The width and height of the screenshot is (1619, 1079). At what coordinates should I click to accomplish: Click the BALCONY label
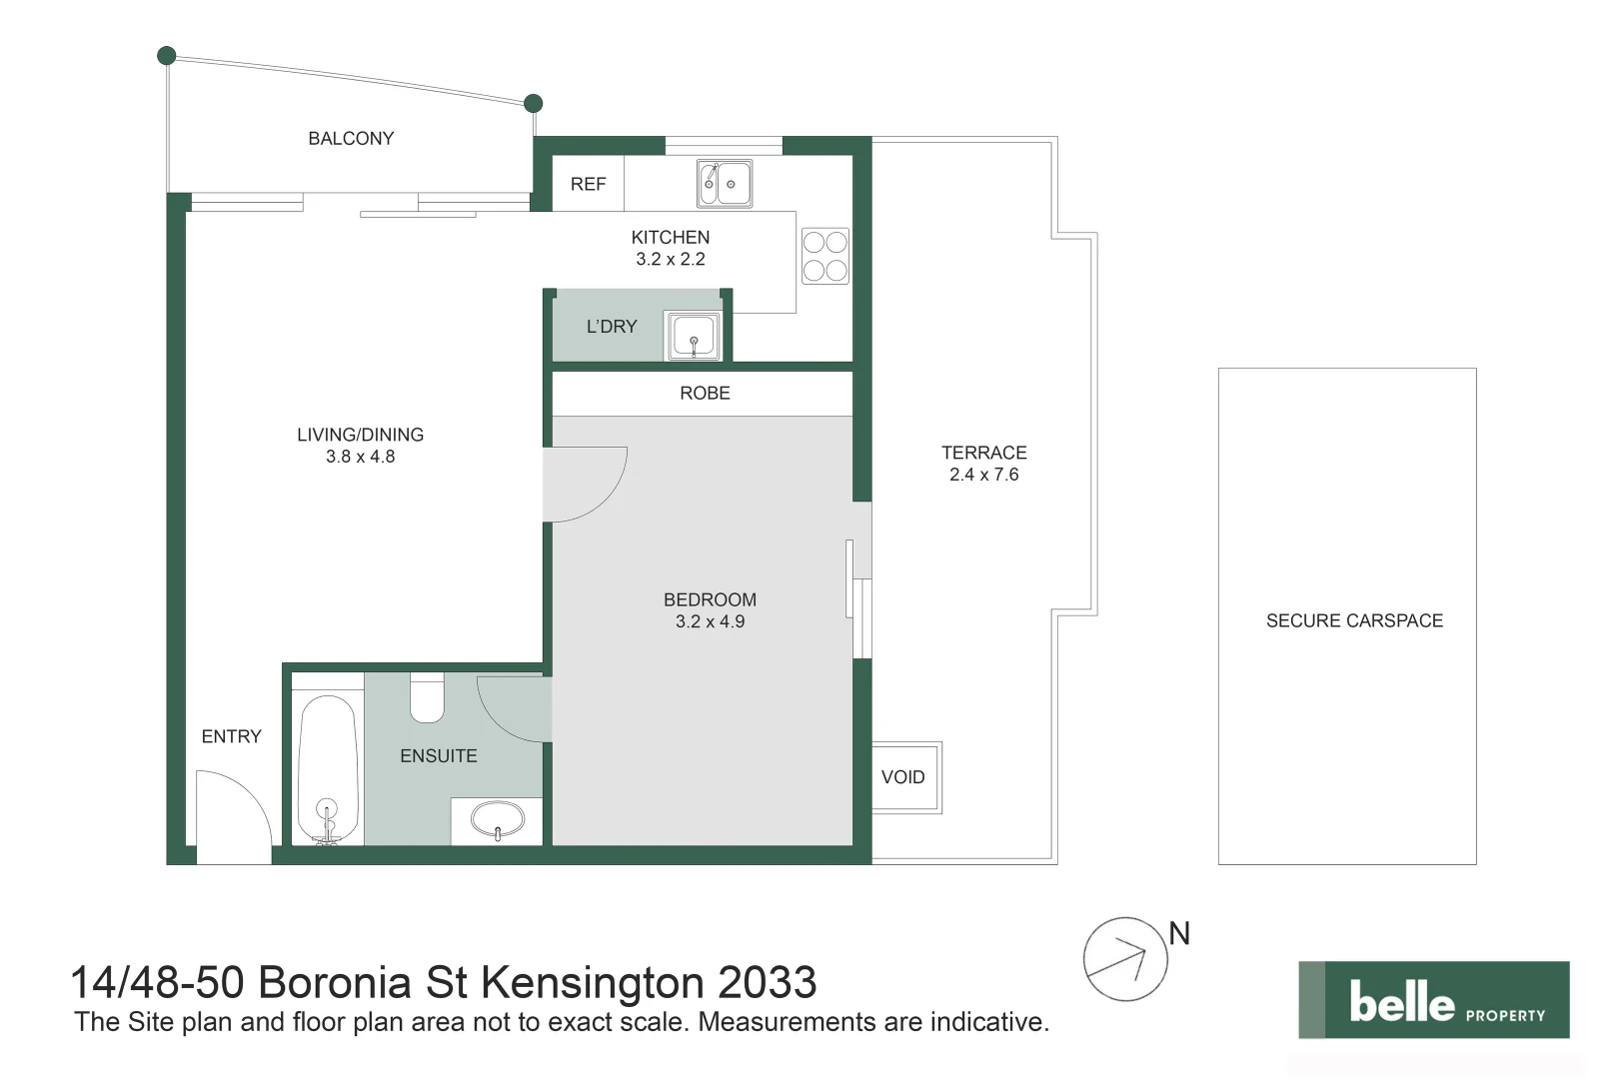351,139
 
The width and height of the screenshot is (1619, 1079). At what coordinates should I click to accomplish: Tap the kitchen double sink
724,184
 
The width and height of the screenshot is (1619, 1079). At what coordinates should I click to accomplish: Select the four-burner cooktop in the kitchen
824,256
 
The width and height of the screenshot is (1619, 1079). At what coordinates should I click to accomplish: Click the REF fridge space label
588,184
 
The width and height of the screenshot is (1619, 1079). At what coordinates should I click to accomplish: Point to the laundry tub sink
693,336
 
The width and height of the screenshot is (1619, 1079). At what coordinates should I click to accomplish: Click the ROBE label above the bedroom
705,394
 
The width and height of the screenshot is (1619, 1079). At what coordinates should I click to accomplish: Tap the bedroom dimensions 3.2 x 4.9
710,621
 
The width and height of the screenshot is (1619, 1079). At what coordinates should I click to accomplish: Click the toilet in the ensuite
427,698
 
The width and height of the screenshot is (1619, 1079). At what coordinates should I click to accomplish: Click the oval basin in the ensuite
497,821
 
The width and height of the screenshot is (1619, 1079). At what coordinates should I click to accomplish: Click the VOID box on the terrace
904,777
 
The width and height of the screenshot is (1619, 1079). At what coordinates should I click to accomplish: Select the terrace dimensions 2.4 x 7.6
983,475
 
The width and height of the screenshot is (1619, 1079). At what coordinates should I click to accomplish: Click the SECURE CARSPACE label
1353,620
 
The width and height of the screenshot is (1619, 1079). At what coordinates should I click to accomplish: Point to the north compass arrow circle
1124,959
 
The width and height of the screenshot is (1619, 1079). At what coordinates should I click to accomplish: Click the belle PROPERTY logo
1433,1000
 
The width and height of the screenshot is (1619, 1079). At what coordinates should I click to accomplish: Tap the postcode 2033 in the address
767,983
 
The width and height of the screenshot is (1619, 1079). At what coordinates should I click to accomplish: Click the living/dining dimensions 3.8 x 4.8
360,457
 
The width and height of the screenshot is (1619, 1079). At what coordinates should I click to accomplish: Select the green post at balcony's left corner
167,56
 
